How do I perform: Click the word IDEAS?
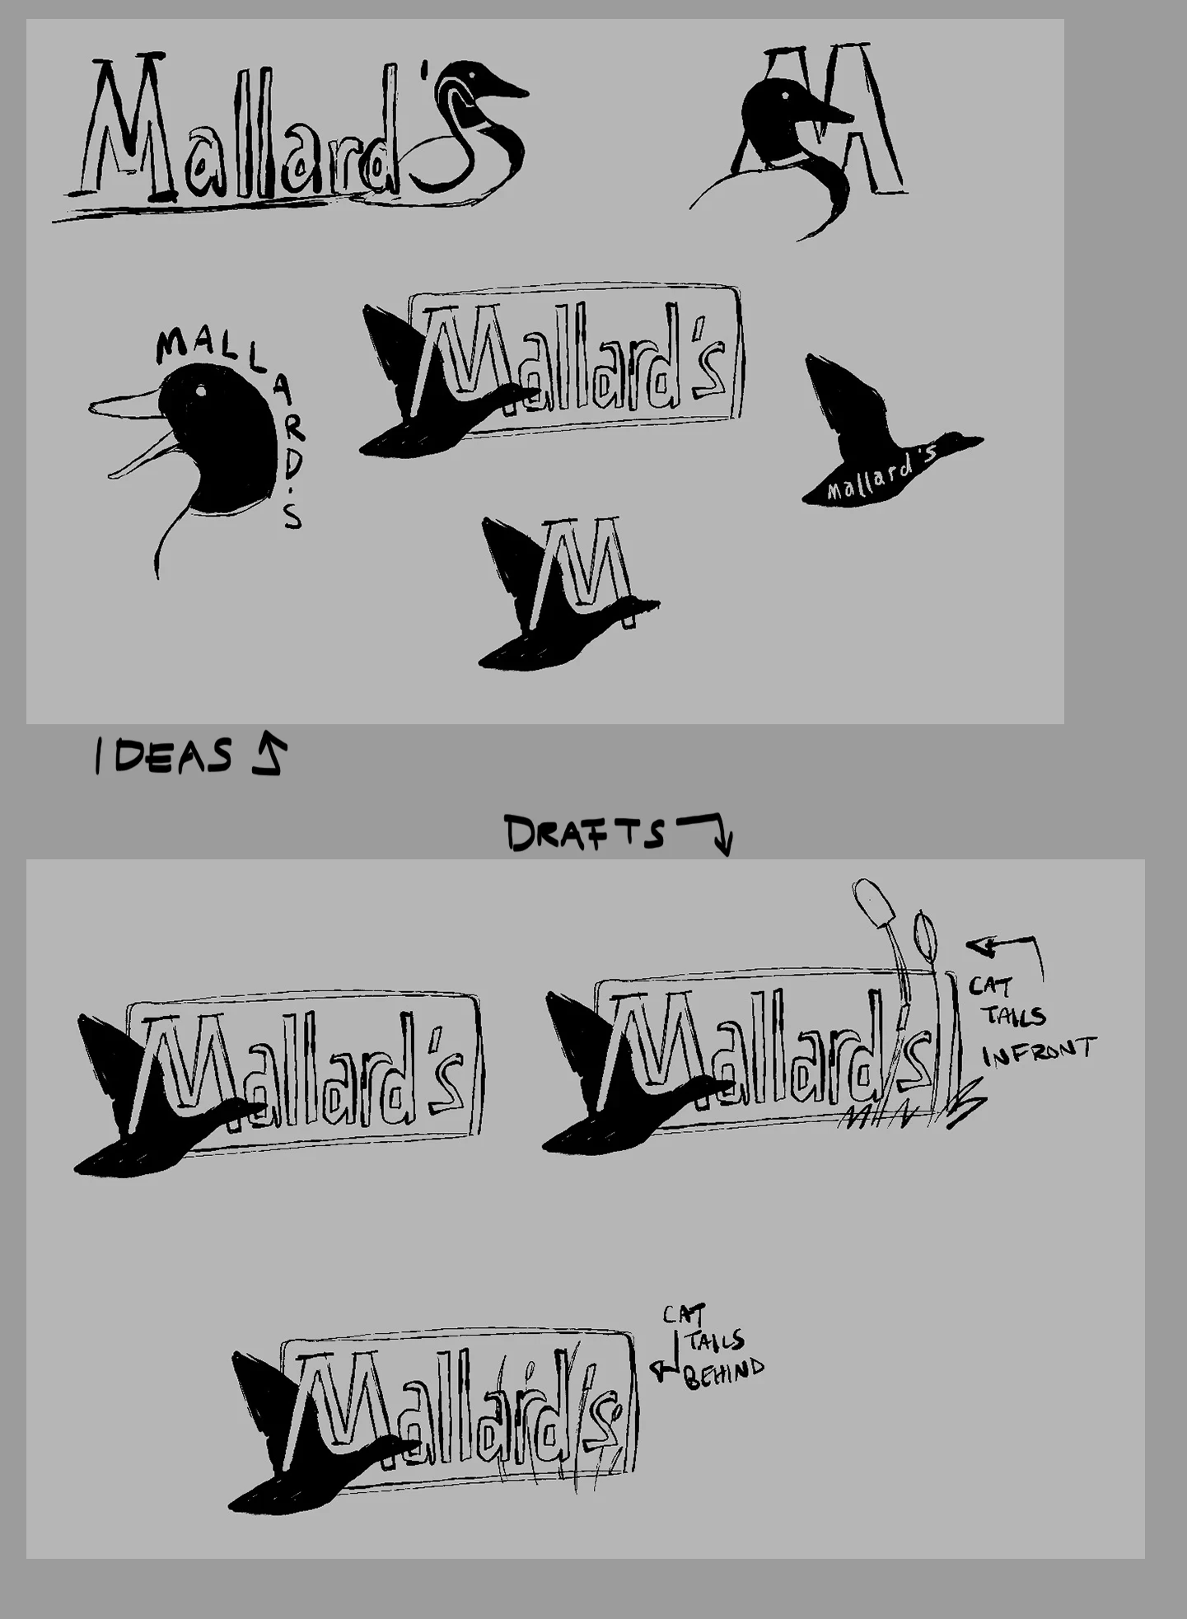coord(163,756)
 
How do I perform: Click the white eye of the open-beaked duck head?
coord(200,391)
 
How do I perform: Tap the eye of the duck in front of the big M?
coord(784,96)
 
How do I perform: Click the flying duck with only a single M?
coord(568,593)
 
